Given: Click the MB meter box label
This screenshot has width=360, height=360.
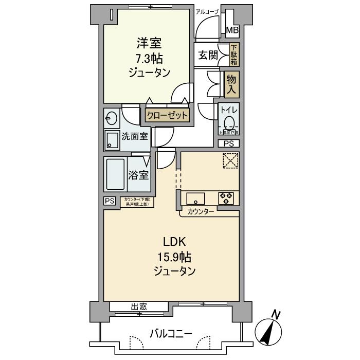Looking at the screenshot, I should pos(233,31).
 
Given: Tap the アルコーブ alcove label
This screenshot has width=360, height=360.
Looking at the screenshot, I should pos(208,11).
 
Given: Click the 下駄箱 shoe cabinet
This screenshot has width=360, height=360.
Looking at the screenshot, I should pos(233,55).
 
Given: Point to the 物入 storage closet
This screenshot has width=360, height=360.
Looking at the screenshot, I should pos(232,84).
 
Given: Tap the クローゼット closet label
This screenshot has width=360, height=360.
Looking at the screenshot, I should pos(168,116).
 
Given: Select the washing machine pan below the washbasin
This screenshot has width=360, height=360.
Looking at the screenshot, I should pos(112,139).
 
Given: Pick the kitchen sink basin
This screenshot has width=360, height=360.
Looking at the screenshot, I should pos(195,199).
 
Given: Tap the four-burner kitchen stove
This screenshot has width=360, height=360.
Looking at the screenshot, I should pos(226,199).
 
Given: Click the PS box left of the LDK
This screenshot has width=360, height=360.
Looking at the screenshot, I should pos(110,201).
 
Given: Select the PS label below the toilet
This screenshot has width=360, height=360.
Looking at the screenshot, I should pos(228,143).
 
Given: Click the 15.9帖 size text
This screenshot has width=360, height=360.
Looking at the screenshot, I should pos(172,257).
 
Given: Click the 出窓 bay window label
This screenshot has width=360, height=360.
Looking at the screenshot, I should pos(139,307).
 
